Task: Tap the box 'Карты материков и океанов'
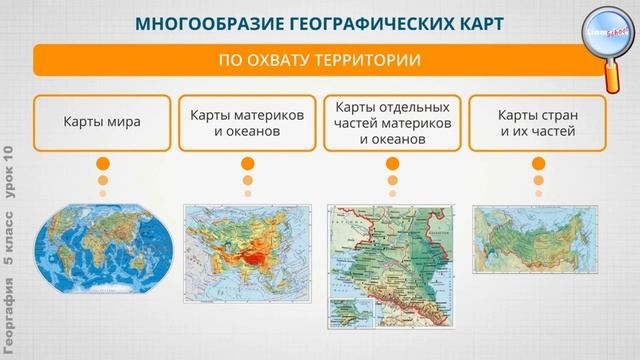(x=246, y=123)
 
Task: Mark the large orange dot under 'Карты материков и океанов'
(x=247, y=164)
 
